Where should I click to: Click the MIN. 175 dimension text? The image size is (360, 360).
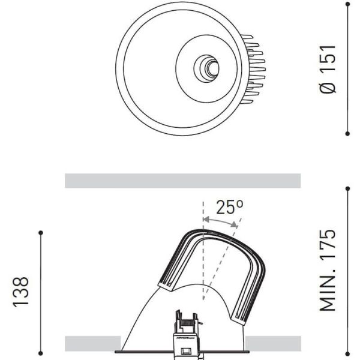[329, 270]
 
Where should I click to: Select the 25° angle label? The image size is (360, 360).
[230, 208]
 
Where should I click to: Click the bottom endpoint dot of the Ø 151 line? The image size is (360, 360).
[348, 133]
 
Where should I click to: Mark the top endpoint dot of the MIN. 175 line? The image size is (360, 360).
[348, 188]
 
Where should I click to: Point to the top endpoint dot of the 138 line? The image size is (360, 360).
[40, 232]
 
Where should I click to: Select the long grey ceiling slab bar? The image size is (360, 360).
[182, 181]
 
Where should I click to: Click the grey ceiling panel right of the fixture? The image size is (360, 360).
[273, 343]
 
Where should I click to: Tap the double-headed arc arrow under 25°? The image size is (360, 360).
[221, 223]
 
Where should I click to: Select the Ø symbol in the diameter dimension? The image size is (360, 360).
[329, 87]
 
